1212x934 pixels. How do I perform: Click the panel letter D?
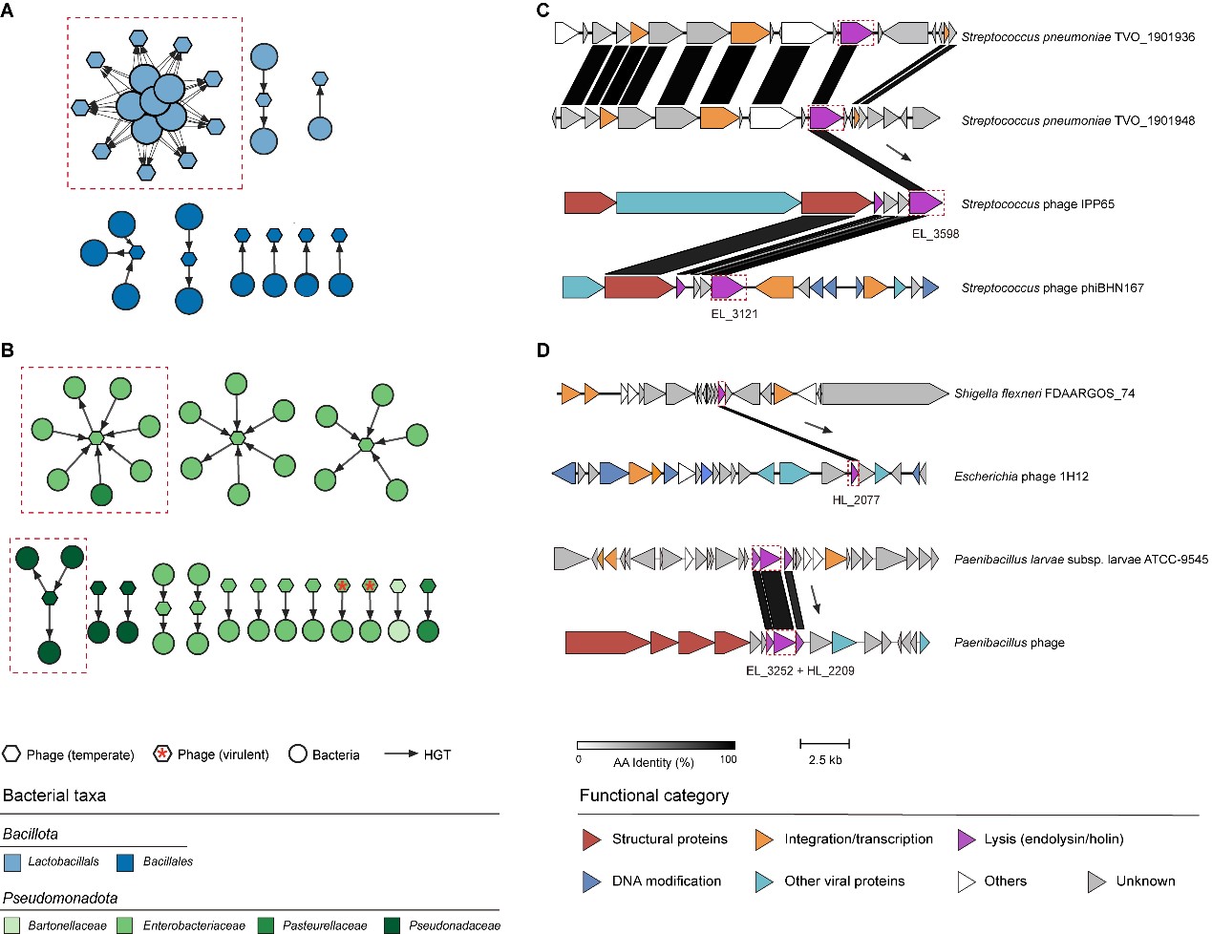pos(543,350)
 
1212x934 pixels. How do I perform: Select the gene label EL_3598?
pos(935,234)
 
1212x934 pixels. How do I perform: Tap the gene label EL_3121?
pos(734,314)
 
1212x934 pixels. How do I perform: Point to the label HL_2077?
pos(856,499)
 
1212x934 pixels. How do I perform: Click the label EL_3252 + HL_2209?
pos(799,670)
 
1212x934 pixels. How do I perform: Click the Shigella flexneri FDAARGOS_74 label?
pos(1044,393)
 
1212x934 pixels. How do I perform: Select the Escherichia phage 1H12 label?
pos(1021,477)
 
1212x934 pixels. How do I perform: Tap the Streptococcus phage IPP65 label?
pos(1037,204)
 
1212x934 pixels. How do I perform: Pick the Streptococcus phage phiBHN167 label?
pos(1052,287)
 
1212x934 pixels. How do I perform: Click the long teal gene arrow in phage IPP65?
pos(708,203)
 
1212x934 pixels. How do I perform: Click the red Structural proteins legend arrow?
pos(591,839)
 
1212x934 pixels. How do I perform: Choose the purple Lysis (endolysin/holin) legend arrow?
pos(967,839)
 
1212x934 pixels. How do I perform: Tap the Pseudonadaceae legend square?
pos(392,925)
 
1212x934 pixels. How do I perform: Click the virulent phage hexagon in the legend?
pos(162,754)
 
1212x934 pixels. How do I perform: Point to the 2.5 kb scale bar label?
pos(824,760)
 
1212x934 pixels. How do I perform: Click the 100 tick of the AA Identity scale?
pos(728,760)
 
